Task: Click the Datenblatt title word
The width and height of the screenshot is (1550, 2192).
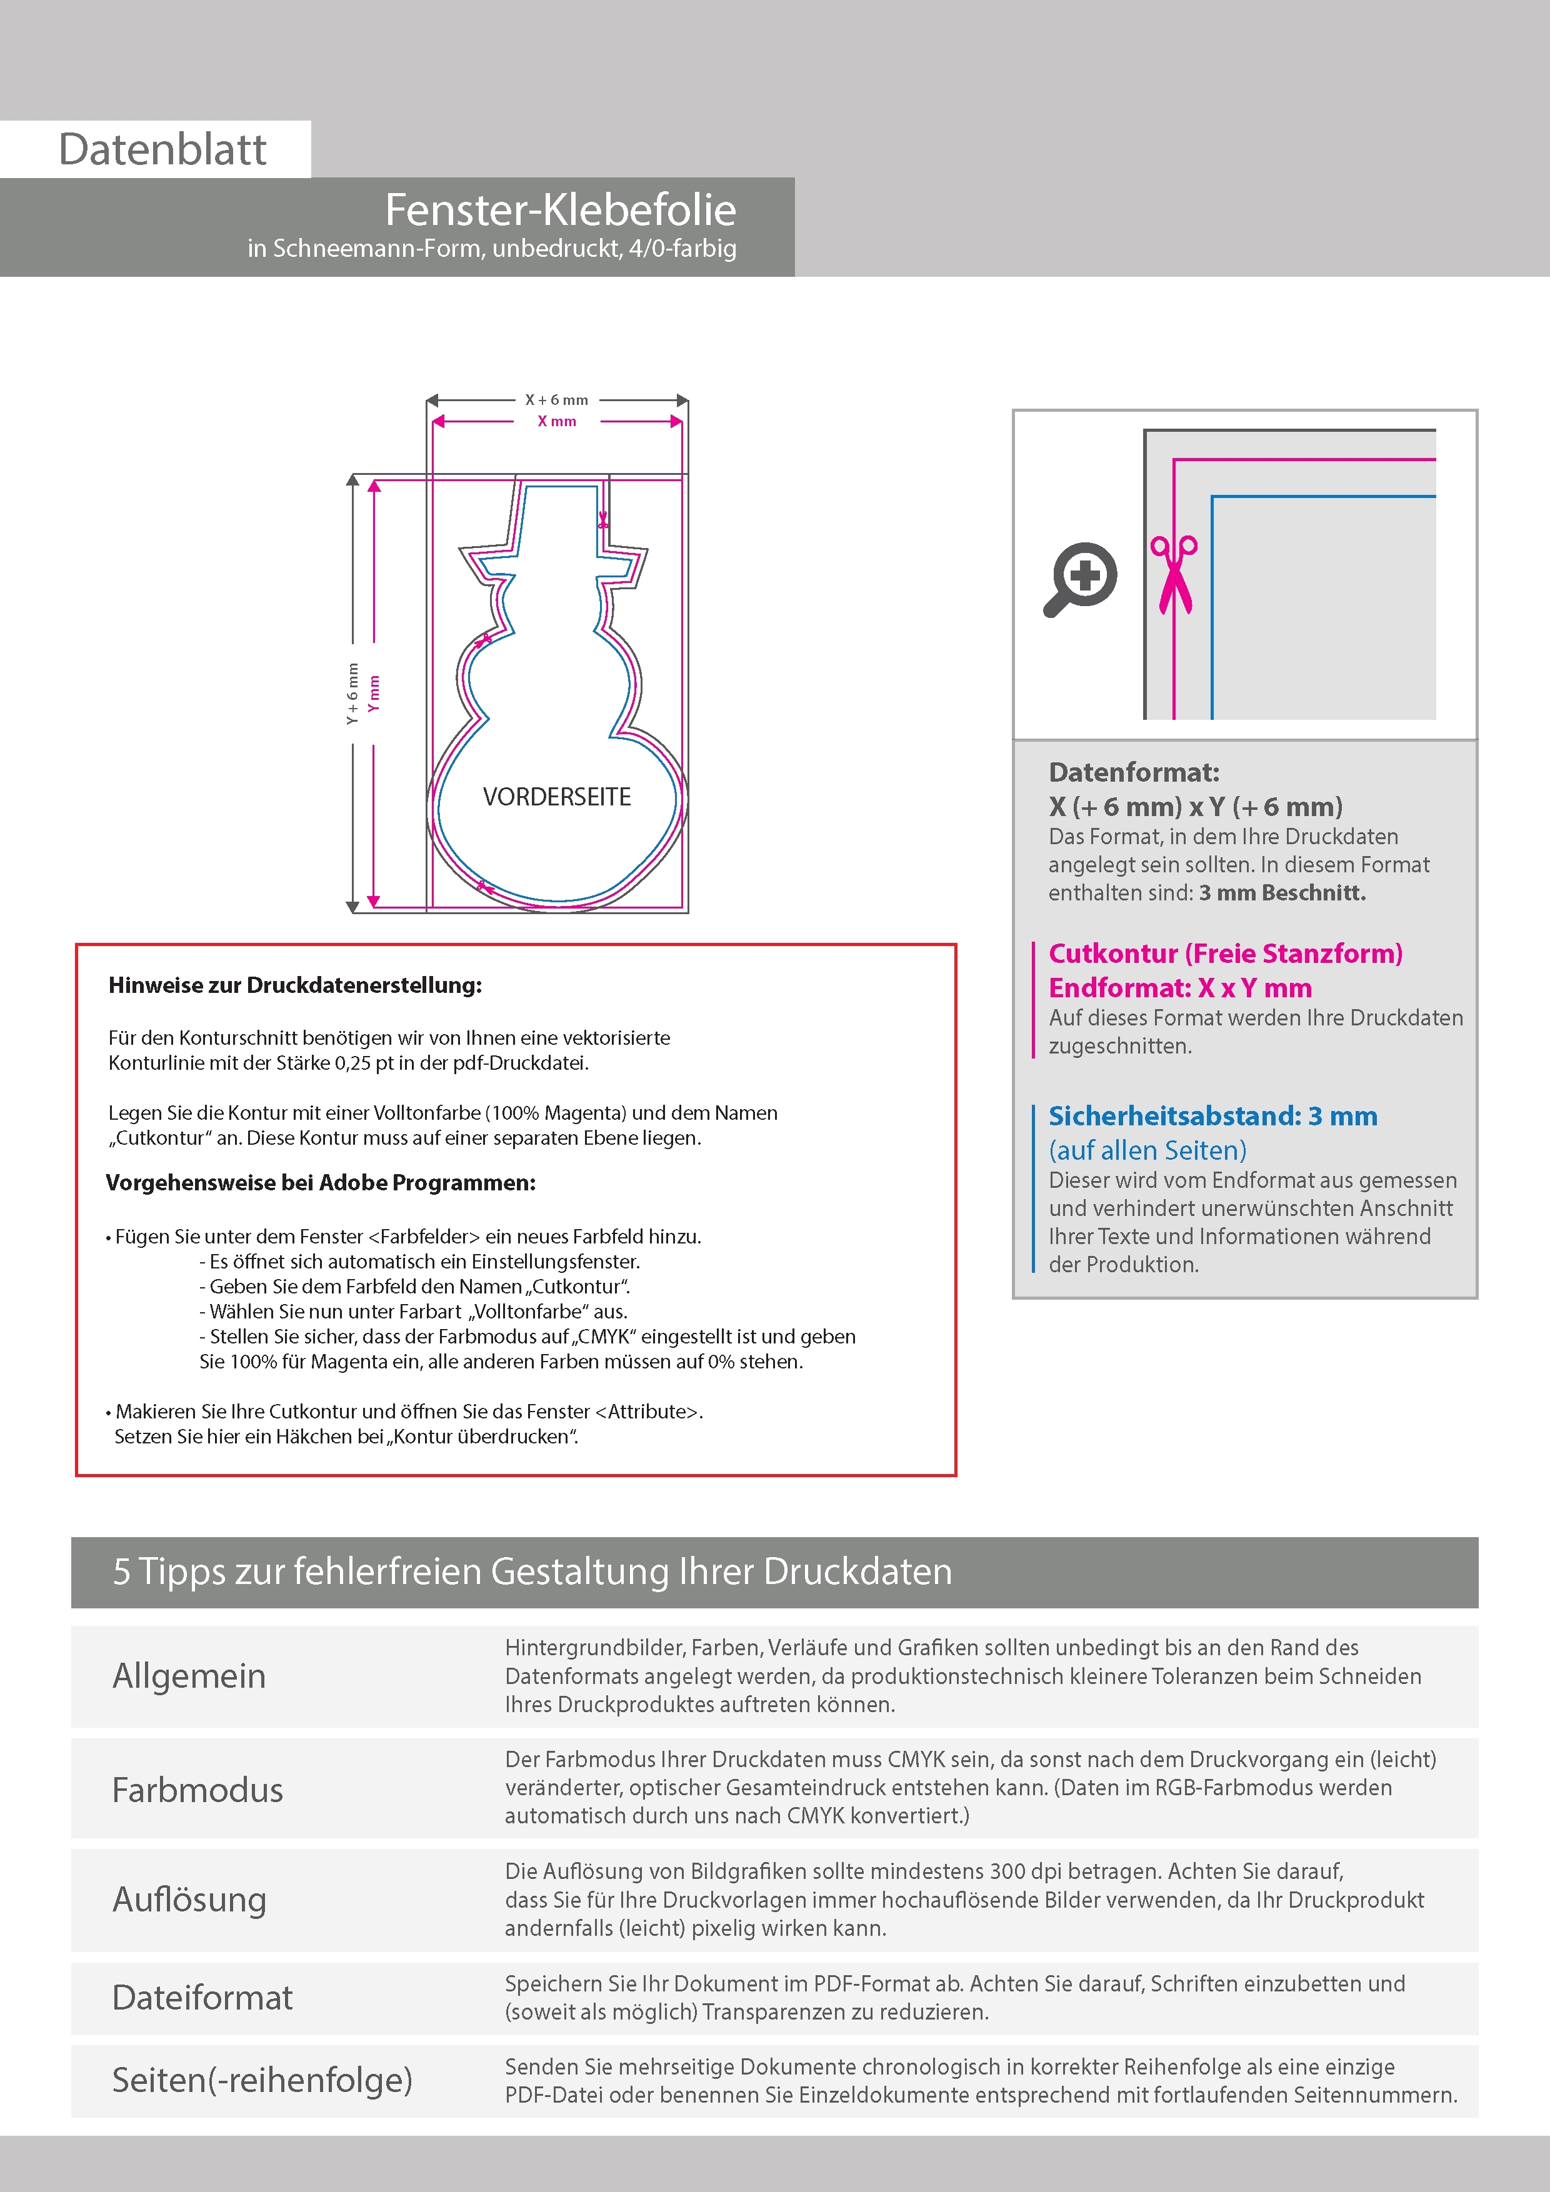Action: pos(162,150)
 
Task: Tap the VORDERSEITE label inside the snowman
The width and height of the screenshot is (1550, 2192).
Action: pos(557,797)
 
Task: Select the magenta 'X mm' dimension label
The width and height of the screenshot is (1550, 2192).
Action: pos(557,421)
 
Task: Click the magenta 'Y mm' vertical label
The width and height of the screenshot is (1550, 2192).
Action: pos(374,693)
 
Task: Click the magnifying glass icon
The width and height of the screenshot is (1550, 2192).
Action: pos(1080,579)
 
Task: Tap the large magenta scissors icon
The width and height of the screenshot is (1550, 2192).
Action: pos(1174,574)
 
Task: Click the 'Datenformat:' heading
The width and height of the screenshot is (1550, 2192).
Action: pos(1134,772)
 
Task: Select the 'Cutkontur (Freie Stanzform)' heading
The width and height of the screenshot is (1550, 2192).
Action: pos(1225,954)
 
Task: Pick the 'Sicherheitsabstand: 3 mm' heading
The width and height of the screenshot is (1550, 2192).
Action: pos(1213,1116)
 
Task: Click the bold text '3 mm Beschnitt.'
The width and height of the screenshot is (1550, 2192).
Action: pos(1282,893)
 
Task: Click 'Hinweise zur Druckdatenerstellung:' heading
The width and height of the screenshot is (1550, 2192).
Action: pos(295,985)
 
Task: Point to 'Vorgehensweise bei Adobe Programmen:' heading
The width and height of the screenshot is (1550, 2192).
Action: pos(321,1183)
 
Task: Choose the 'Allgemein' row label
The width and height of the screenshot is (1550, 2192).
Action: pos(189,1675)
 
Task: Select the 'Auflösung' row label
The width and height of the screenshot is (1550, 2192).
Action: pos(189,1900)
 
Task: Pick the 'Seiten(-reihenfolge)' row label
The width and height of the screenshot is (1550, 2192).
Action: pos(262,2080)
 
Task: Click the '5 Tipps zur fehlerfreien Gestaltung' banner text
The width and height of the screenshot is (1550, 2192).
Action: pos(532,1572)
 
